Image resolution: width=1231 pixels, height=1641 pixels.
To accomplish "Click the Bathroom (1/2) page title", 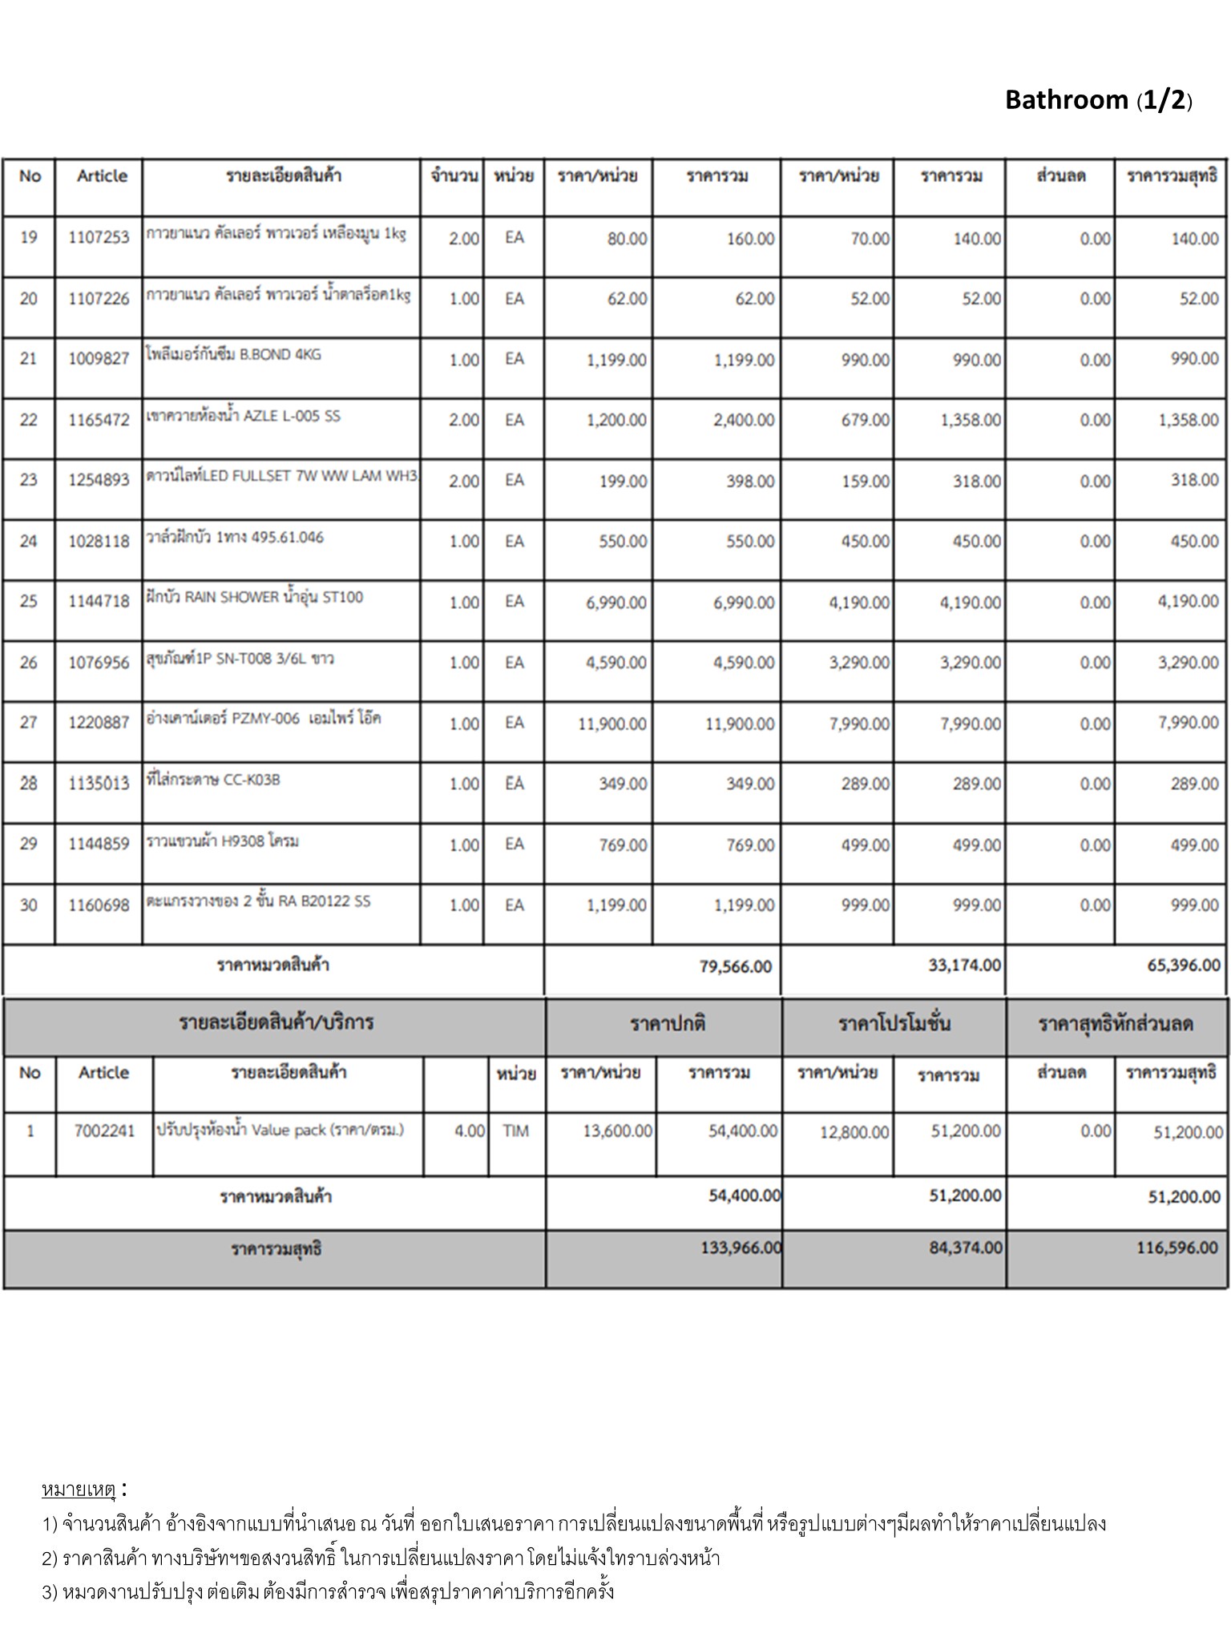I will coord(1098,100).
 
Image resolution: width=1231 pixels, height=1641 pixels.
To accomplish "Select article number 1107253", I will coord(99,238).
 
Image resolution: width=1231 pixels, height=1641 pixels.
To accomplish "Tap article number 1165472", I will coord(99,420).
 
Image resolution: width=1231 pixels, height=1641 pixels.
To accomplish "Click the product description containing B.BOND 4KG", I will coord(233,355).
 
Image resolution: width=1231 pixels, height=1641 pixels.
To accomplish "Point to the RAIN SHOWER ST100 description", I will coord(254,597).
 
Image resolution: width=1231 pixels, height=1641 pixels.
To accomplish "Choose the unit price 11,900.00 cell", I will coord(612,724).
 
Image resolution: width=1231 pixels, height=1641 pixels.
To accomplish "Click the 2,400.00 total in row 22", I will coord(744,420).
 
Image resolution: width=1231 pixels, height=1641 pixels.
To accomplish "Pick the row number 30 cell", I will coord(29,905).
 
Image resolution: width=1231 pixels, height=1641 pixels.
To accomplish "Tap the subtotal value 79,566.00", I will coord(735,966).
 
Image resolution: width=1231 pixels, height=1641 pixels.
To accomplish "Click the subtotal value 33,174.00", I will coord(964,966).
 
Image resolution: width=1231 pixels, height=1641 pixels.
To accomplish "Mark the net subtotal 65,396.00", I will coord(1184,966).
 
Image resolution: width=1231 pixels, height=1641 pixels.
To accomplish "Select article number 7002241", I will coord(104,1131).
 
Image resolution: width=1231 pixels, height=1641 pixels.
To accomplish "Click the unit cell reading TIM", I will coord(515,1131).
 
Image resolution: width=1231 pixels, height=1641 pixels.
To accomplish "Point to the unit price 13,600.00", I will coord(617,1131).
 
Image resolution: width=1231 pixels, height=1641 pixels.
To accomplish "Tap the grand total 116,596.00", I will coord(1177,1248).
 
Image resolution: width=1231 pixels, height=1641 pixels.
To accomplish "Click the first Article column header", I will coord(102,176).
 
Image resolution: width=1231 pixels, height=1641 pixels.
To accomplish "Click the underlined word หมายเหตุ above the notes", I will coord(79,1490).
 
